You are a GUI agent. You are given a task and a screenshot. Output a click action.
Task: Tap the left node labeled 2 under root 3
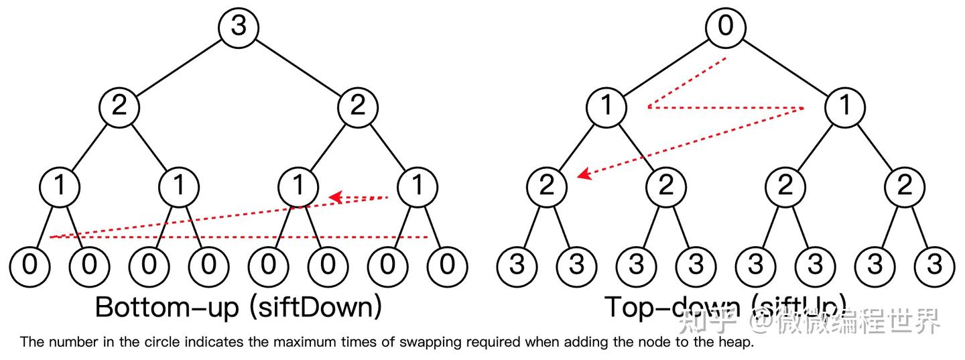coord(119,106)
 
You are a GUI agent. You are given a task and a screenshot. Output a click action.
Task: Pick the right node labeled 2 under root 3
coord(358,106)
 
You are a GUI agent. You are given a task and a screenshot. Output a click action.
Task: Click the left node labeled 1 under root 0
coord(606,106)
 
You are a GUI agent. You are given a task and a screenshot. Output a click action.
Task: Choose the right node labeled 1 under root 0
coord(845,106)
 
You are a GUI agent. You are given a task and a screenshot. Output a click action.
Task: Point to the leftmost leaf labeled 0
coord(29,265)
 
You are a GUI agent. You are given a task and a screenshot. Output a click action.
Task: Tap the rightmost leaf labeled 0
coord(447,265)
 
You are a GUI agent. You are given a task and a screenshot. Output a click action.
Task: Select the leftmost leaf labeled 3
coord(517,265)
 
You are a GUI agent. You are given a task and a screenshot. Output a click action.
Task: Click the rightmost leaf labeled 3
coord(934,265)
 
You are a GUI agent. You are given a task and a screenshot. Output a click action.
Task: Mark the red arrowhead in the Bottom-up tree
coord(336,197)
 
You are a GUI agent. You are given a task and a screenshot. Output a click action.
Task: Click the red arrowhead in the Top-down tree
coord(584,175)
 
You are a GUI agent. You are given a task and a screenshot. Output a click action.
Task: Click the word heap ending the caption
coord(736,343)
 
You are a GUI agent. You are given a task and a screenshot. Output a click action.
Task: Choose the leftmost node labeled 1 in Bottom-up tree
coord(60,186)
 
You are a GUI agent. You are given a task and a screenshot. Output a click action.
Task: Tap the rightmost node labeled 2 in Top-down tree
coord(905,186)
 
